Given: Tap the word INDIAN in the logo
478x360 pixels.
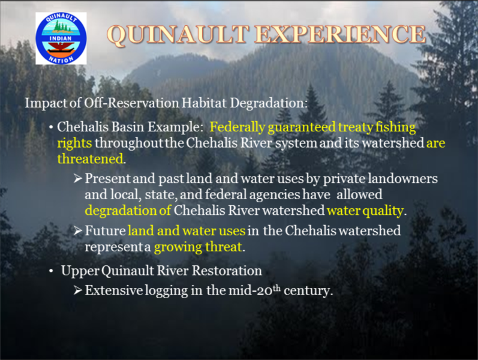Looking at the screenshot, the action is (61, 38).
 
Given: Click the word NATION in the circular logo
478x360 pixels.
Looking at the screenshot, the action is (61, 59).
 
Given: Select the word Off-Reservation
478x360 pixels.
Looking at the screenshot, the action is (131, 103).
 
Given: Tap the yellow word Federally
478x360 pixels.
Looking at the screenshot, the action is (237, 128).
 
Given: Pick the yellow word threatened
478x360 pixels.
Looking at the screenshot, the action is (90, 158).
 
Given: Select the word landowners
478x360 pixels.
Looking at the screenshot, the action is (402, 178).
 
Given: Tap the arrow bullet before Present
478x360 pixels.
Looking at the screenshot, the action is (78, 179).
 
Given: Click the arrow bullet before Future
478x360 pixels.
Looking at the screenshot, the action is (78, 231).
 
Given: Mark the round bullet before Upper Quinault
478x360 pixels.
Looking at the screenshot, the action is (51, 271).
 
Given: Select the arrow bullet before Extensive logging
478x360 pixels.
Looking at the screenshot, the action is (78, 290).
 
